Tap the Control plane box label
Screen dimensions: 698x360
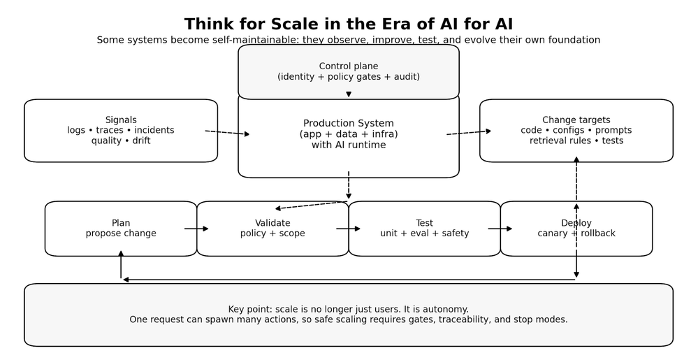click(349, 66)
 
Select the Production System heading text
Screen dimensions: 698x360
click(349, 124)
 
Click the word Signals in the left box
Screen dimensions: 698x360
click(121, 120)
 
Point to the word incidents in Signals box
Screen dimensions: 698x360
click(154, 130)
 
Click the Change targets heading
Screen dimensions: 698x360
click(576, 120)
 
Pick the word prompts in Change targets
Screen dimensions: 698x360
click(613, 130)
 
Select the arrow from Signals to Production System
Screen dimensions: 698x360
click(227, 132)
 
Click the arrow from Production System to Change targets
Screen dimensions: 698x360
click(469, 132)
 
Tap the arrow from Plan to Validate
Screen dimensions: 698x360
click(196, 229)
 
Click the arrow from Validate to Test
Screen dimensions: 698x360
click(348, 229)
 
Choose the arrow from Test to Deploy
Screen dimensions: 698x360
click(500, 229)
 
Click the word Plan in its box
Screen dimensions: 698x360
click(121, 223)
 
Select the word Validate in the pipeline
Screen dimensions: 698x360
click(272, 223)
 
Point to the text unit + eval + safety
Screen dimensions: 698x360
click(424, 233)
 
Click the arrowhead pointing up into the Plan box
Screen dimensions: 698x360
click(121, 254)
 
